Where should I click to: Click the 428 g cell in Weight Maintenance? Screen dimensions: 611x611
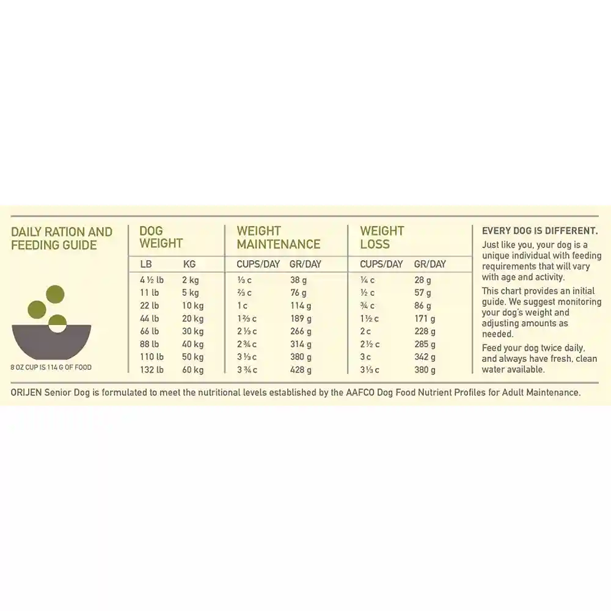click(300, 370)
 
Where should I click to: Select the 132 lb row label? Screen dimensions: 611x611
click(152, 370)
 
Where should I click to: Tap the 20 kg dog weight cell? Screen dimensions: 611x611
click(192, 318)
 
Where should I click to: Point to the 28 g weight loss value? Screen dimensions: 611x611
click(423, 280)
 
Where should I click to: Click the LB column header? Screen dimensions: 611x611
click(146, 265)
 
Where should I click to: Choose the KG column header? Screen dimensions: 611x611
click(189, 265)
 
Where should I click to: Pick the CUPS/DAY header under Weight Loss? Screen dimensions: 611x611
click(381, 265)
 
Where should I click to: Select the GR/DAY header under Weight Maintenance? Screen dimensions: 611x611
click(305, 265)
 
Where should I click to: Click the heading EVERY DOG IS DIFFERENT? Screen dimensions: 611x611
click(540, 231)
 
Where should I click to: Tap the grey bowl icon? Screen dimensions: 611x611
click(51, 342)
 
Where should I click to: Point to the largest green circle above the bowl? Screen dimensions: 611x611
click(56, 294)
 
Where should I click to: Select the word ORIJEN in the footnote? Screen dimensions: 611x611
click(27, 392)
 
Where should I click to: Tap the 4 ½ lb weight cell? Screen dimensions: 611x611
click(152, 280)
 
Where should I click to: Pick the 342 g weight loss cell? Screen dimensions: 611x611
click(425, 357)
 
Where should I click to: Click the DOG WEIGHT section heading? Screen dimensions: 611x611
click(161, 237)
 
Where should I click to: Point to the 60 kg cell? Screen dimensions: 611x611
click(192, 370)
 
